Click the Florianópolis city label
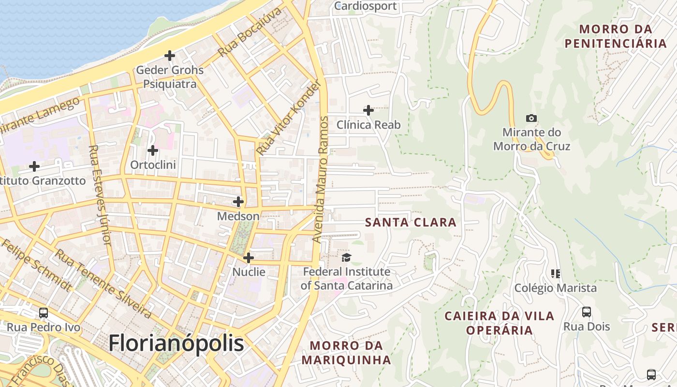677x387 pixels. coord(176,343)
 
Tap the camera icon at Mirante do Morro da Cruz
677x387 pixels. coord(531,118)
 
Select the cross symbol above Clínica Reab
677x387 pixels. coord(368,110)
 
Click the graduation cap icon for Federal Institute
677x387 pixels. coord(346,257)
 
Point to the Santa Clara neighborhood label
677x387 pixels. coord(411,223)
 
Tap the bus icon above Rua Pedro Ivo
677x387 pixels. coord(44,313)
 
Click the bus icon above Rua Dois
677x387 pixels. coord(586,312)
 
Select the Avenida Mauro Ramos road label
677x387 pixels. coord(321,179)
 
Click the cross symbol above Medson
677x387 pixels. coord(238,202)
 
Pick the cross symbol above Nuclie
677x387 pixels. coord(249,258)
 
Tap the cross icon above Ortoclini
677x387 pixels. coord(153,150)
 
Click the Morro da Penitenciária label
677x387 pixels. coord(616,36)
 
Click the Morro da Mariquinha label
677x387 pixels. coord(346,353)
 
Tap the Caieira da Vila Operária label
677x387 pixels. coord(499,323)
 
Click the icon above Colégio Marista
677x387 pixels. coord(556,274)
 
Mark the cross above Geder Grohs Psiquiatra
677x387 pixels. coord(169,56)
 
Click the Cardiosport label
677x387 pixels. coord(366,6)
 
